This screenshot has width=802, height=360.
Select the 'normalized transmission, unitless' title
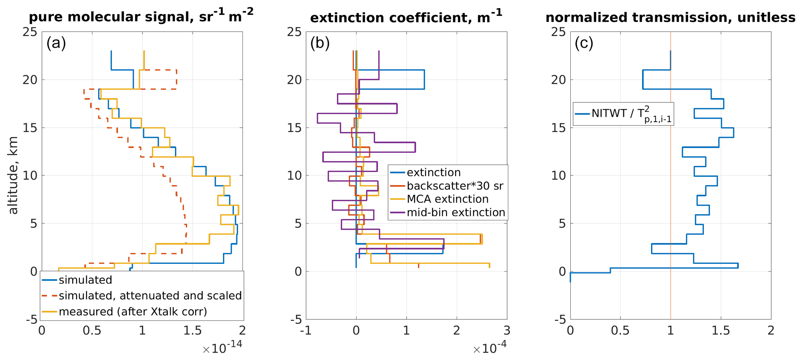coord(670,17)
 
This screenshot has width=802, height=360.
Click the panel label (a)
coord(56,43)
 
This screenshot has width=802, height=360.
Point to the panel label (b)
coord(320,43)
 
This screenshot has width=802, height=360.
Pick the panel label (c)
coord(584,43)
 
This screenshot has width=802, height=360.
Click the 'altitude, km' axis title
coord(13,175)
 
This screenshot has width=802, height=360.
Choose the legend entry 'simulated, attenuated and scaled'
coord(150,296)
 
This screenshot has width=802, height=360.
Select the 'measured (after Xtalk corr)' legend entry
coord(133,312)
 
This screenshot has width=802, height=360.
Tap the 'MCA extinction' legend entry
coord(447,199)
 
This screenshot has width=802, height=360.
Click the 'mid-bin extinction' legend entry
coord(456,212)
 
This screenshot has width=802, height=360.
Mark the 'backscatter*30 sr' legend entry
coord(455,186)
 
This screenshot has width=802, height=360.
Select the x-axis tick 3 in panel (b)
coord(507,331)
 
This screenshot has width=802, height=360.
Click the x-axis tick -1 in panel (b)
coord(306,331)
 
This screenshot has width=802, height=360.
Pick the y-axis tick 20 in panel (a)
coord(29,80)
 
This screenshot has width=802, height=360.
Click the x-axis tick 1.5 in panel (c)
coord(721,331)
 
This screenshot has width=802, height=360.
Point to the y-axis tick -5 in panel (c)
coord(558,320)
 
